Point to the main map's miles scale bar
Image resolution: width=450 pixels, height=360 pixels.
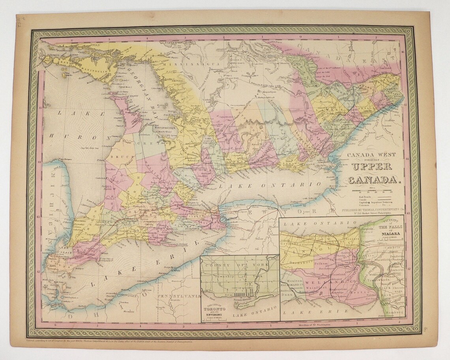click(373, 192)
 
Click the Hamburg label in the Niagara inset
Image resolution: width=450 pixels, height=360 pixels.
click(391, 311)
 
